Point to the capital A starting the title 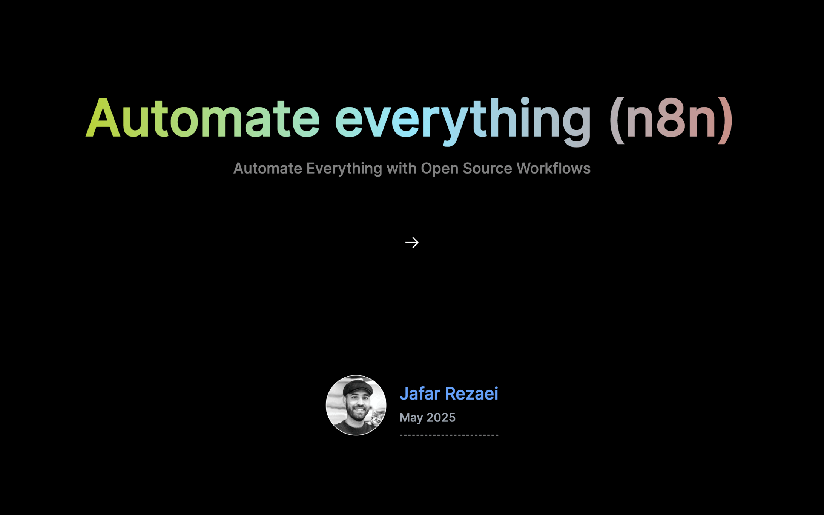click(x=103, y=118)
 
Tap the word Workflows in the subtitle click(x=553, y=168)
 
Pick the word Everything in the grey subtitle click(x=344, y=168)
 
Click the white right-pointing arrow click(x=412, y=243)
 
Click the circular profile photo click(x=356, y=405)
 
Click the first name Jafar click(x=420, y=394)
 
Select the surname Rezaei click(x=471, y=394)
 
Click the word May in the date click(x=411, y=418)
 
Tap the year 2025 click(x=441, y=418)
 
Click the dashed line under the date click(x=449, y=435)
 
